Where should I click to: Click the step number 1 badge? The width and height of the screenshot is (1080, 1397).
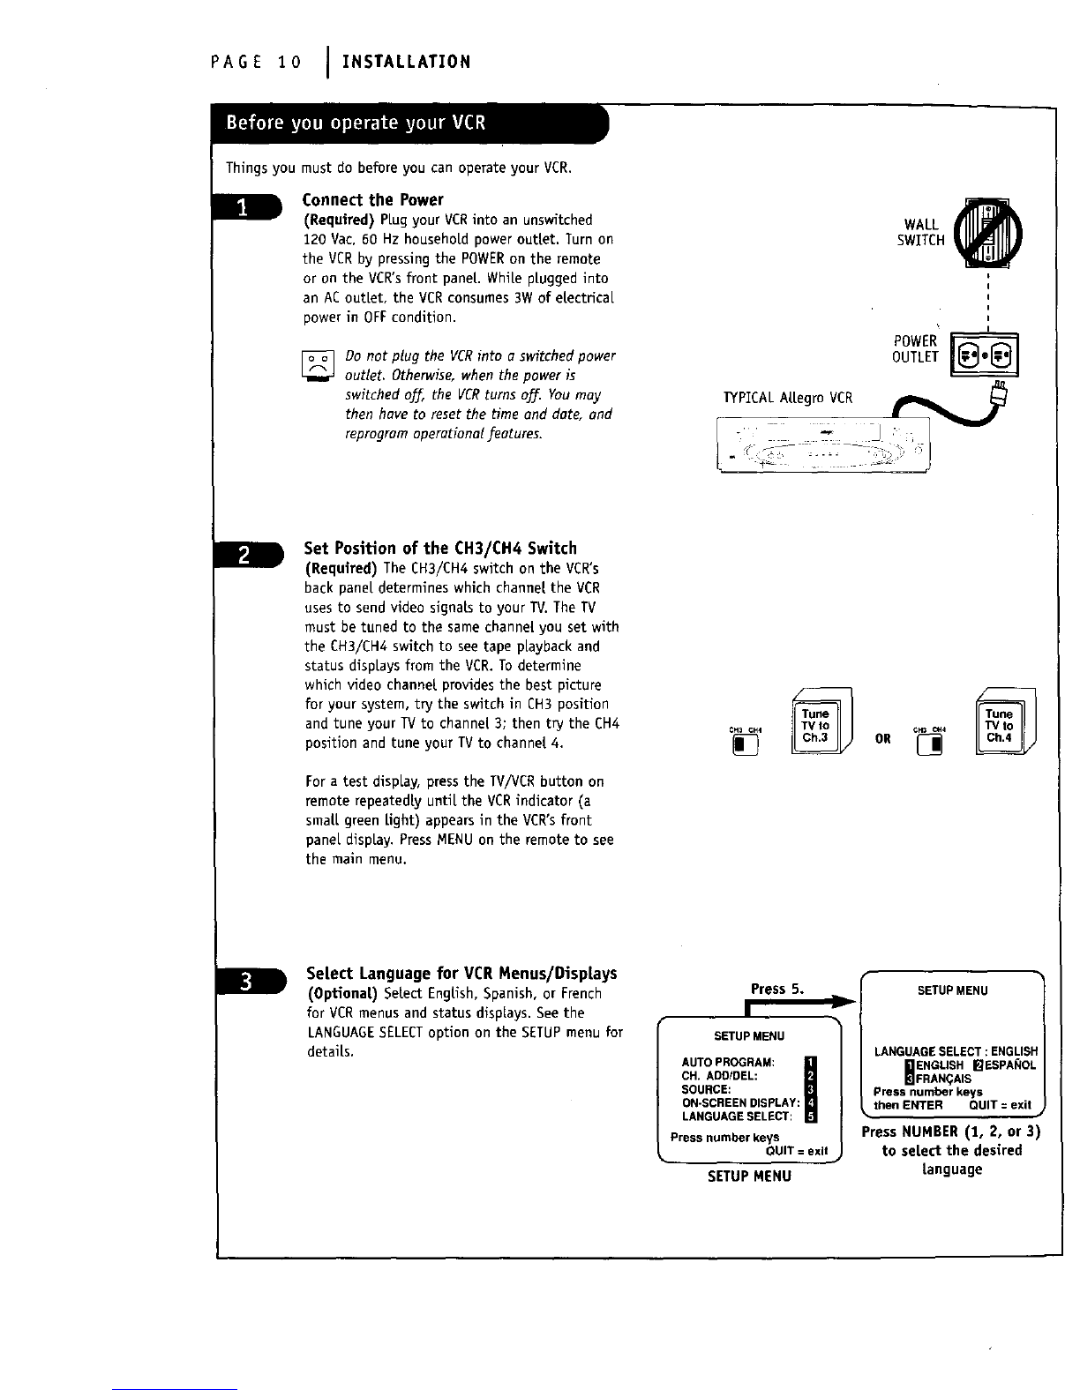(247, 207)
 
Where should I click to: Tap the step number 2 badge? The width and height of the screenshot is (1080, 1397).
(248, 555)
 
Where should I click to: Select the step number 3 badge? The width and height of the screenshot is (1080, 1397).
(251, 981)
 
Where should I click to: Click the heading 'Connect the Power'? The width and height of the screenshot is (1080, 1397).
(373, 200)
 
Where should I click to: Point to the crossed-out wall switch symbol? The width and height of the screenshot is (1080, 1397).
(987, 233)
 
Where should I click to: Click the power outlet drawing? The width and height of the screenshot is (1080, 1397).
(984, 355)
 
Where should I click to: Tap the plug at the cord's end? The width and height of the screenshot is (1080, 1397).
(998, 393)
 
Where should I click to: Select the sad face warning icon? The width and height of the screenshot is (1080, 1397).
(318, 366)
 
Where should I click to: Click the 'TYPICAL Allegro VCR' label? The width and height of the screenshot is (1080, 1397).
(787, 398)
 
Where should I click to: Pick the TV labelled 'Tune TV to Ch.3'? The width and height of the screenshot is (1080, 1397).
(821, 721)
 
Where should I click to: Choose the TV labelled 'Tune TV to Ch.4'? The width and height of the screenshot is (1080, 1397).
(1005, 721)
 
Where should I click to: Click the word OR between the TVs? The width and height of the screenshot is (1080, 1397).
(882, 739)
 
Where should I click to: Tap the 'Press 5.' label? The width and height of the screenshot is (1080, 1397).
(777, 989)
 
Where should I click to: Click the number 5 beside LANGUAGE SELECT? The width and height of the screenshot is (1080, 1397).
(811, 1116)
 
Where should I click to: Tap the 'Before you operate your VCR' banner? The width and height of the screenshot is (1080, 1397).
(409, 123)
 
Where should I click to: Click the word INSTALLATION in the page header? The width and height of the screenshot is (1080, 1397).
(406, 62)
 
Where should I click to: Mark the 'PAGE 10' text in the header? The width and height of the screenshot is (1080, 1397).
(256, 63)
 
